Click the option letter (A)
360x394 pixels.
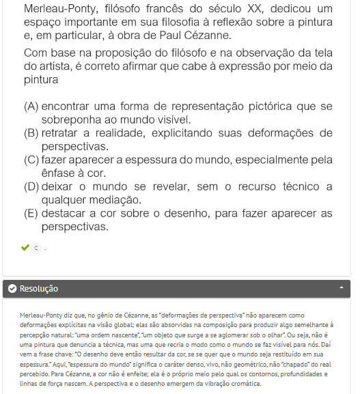click(31, 107)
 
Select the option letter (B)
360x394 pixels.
click(31, 133)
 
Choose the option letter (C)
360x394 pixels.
click(31, 160)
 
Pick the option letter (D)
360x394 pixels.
click(31, 186)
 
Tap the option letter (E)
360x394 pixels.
click(31, 212)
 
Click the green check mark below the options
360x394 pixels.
click(25, 247)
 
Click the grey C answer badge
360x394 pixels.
click(36, 248)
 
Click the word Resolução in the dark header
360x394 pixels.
click(39, 289)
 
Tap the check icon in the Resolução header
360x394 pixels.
click(12, 289)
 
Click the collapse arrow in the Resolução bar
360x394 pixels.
click(341, 288)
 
